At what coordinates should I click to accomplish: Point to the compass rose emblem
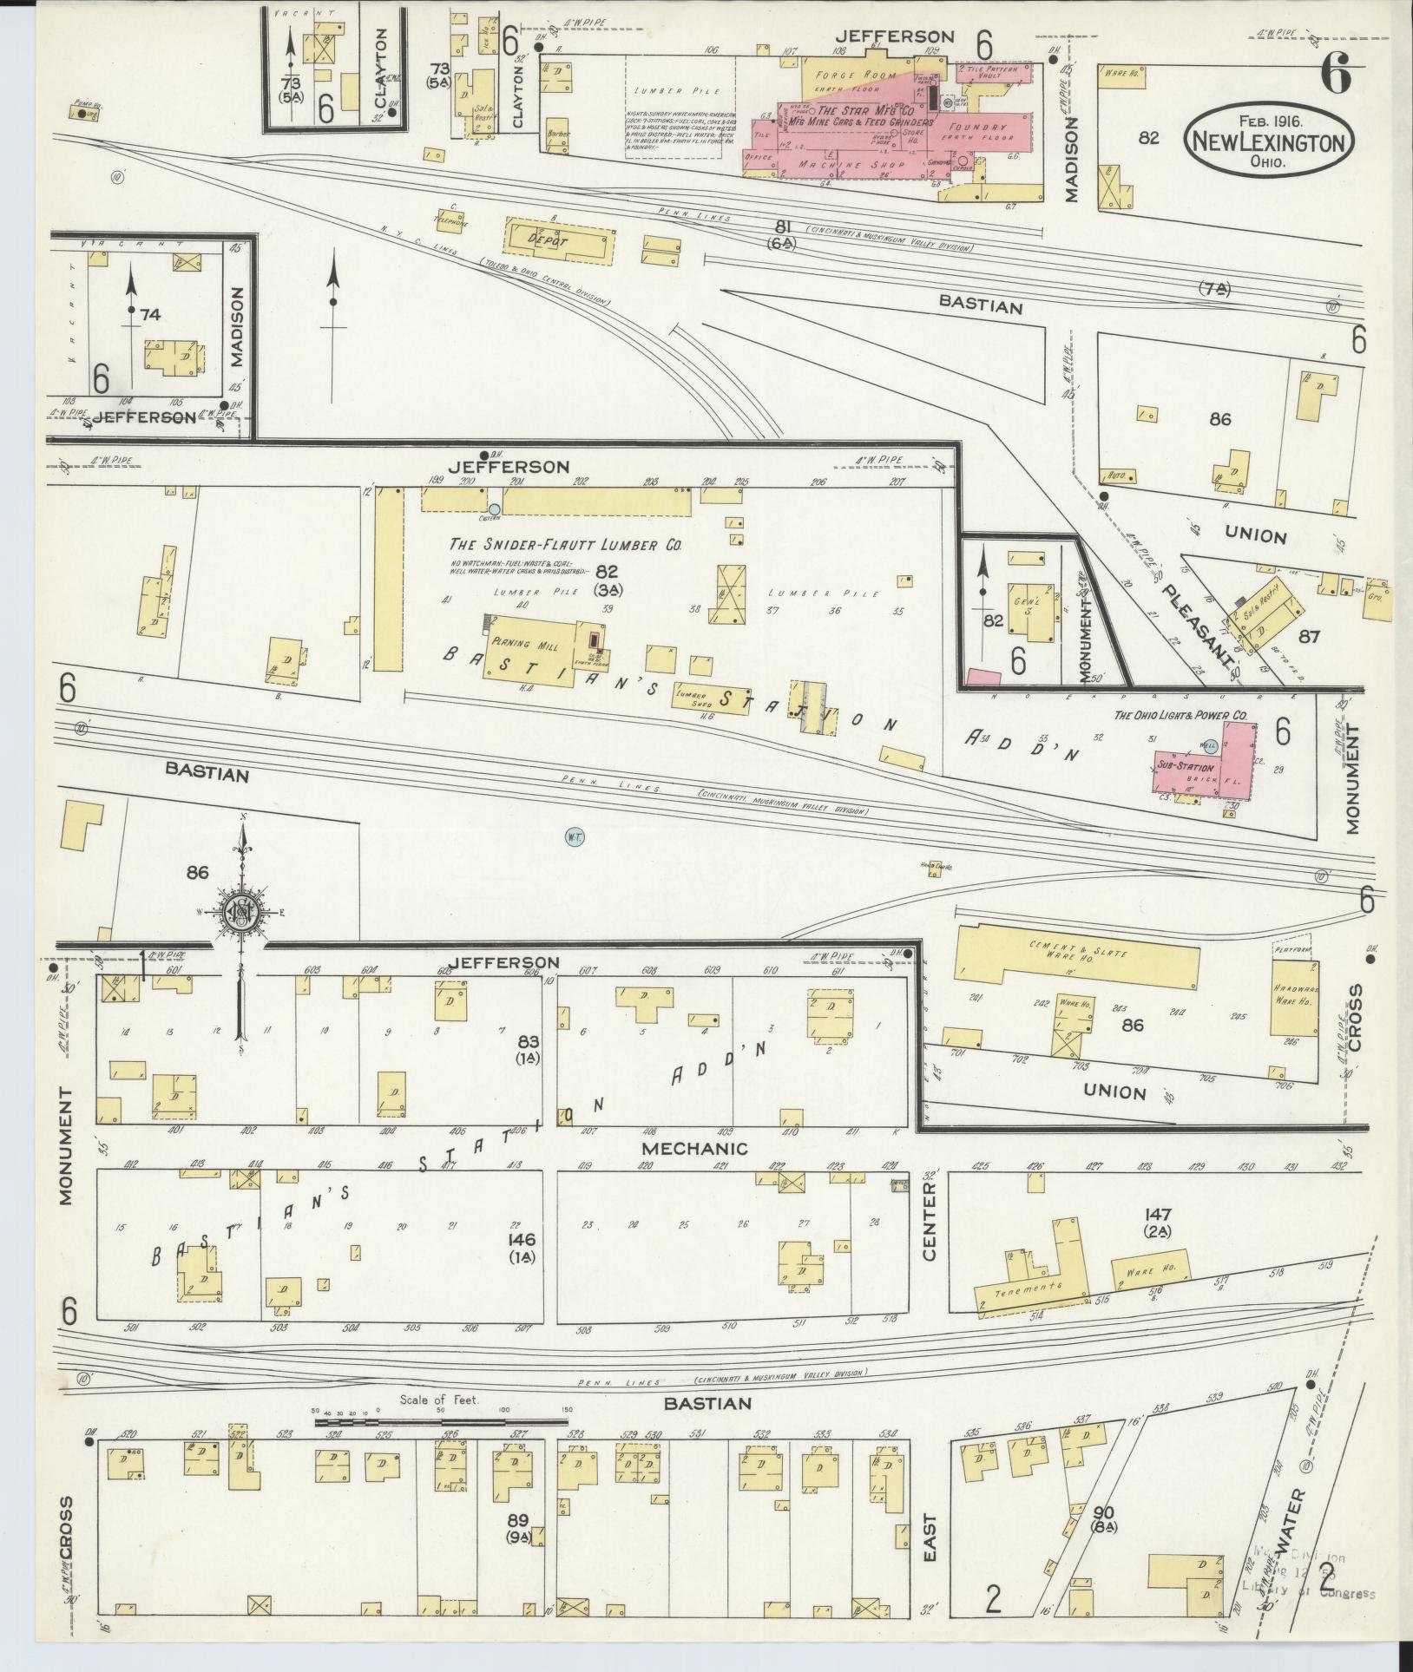click(x=240, y=911)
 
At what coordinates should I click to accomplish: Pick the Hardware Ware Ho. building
click(x=1294, y=998)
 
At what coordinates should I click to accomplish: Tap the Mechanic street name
click(x=694, y=1149)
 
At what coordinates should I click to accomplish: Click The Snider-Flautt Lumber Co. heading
click(x=564, y=545)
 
